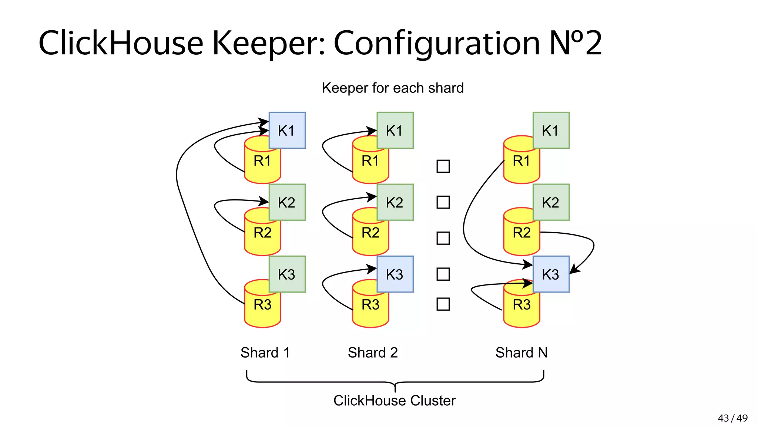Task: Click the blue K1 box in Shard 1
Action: pos(287,130)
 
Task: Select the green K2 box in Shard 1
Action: pos(287,202)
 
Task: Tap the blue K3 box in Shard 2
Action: pos(395,274)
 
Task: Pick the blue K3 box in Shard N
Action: pos(551,274)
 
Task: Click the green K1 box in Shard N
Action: pos(551,130)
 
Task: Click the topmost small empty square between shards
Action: pos(443,166)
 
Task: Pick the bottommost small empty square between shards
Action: pos(443,304)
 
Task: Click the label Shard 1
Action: pos(265,353)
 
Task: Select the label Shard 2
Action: pos(373,353)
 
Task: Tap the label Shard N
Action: pos(521,353)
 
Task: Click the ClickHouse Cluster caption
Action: pos(395,401)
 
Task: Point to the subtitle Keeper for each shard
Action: pos(393,88)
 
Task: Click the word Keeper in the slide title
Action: pos(268,44)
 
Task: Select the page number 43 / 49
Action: pos(732,418)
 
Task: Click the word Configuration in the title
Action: pos(437,44)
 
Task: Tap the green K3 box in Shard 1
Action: pos(287,274)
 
